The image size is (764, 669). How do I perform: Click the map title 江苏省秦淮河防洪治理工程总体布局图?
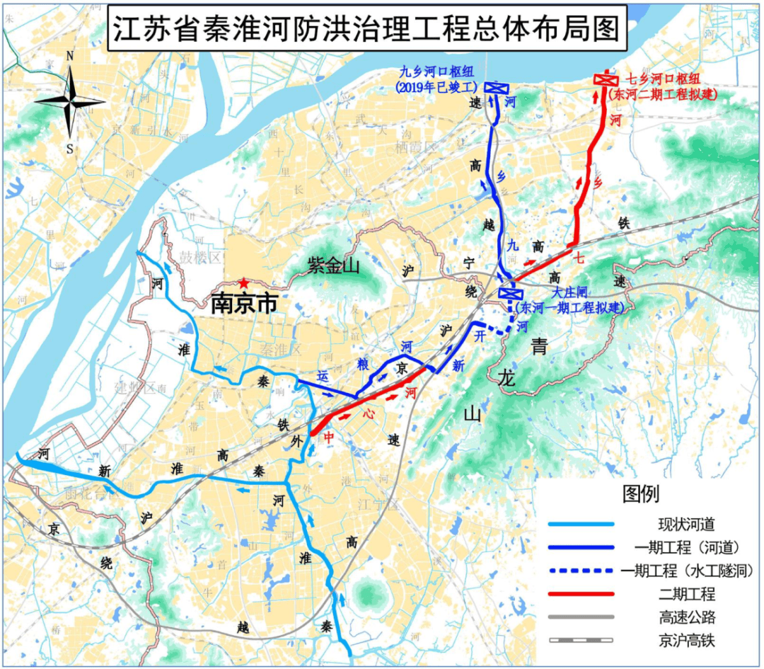367,30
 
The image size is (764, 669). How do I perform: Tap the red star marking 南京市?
244,282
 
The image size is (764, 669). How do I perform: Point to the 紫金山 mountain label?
334,266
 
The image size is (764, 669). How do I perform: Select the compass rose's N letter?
70,56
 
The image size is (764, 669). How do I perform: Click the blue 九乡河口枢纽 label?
436,72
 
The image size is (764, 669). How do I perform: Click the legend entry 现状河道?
683,525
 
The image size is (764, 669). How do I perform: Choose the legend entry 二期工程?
683,594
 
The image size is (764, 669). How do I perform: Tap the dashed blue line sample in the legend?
582,571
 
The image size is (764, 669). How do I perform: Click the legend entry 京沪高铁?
683,641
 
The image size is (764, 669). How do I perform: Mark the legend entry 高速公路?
683,617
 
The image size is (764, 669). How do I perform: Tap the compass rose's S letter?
70,148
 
